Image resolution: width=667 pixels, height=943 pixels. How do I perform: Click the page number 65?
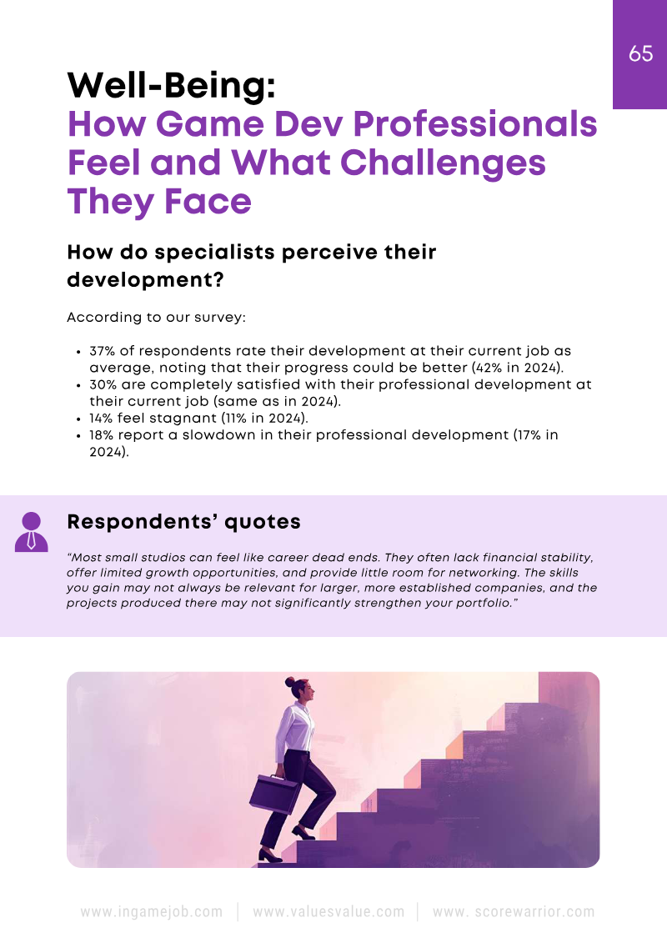point(640,53)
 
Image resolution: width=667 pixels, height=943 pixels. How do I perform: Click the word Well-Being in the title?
point(172,85)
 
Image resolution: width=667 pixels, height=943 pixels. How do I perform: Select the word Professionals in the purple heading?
point(474,124)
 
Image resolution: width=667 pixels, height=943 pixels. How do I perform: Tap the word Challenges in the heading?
point(443,163)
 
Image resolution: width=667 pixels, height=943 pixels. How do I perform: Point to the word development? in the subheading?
point(146,279)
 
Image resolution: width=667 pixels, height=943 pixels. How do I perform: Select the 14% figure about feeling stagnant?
point(101,418)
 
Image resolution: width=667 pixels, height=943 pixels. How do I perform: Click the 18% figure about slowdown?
point(101,435)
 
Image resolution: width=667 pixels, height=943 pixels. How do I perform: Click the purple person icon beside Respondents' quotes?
point(32,532)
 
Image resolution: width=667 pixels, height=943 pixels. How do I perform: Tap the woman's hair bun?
point(290,683)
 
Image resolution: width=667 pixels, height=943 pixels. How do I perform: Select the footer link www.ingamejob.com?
point(152,911)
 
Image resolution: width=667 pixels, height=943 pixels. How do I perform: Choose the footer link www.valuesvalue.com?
point(328,911)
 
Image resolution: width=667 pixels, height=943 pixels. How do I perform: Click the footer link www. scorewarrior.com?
point(514,911)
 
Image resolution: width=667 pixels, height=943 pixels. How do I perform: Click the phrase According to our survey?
point(157,318)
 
